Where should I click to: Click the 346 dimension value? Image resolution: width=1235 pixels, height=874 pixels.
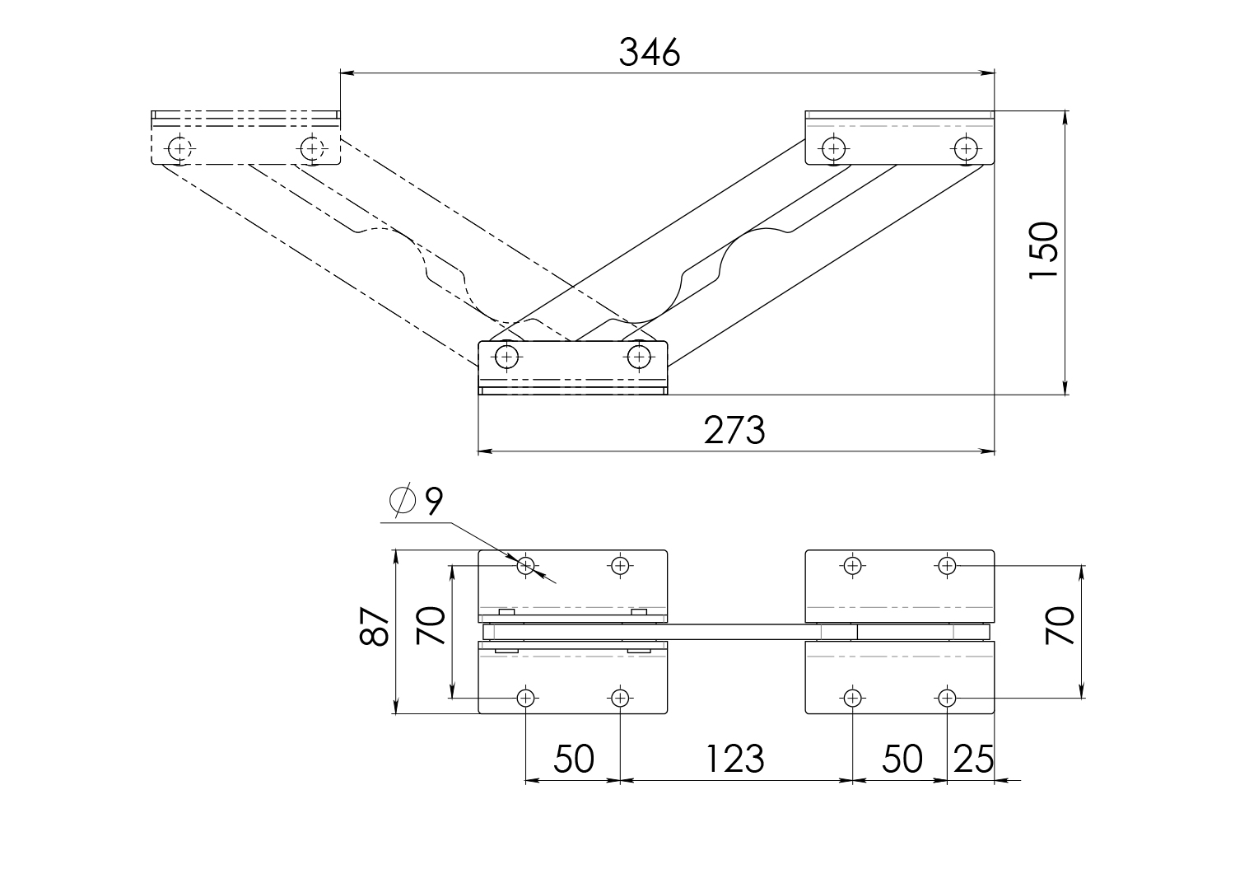(650, 53)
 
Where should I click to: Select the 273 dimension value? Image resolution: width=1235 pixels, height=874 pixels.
(734, 430)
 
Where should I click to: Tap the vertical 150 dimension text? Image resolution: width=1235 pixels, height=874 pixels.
(1044, 250)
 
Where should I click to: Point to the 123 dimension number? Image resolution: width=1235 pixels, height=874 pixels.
(735, 759)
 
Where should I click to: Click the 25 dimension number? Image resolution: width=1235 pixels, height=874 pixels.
(974, 759)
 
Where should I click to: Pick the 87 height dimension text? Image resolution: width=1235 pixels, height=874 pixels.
(375, 626)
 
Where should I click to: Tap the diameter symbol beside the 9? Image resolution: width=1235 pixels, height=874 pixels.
(403, 501)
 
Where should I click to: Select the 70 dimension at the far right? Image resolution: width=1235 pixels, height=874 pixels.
(1060, 626)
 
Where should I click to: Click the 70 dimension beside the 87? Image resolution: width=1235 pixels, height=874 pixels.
(431, 626)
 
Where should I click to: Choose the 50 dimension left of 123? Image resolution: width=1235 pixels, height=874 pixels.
(574, 759)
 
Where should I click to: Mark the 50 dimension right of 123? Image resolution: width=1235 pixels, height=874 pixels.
(902, 759)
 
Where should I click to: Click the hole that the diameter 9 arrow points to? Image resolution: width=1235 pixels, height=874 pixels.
(526, 566)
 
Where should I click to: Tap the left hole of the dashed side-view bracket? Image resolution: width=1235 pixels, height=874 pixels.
(179, 148)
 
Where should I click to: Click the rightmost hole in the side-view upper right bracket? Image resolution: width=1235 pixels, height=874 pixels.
(966, 148)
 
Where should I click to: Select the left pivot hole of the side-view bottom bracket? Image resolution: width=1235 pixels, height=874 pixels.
(506, 357)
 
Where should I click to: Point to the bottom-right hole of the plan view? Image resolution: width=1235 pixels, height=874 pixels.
(947, 698)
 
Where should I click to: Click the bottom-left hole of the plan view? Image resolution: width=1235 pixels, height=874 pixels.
(526, 698)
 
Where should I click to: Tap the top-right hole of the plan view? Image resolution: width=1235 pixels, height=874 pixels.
(947, 566)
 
